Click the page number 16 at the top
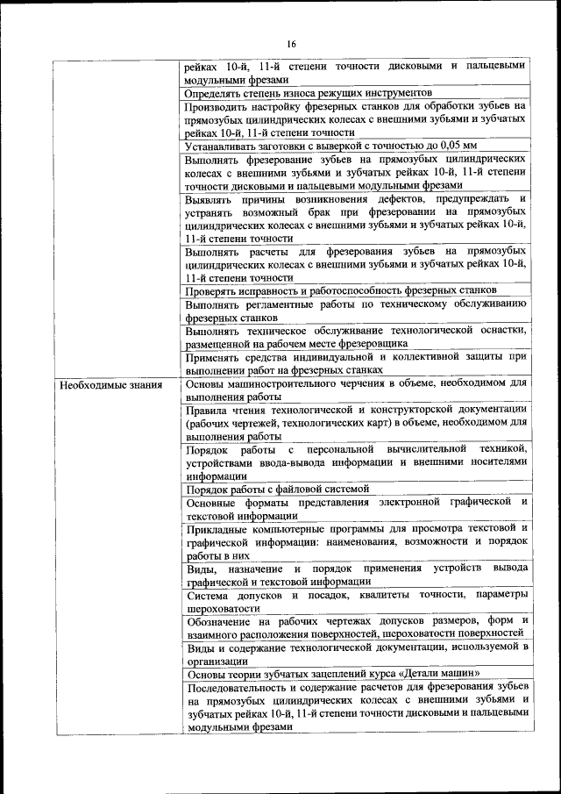291,45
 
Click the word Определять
214,92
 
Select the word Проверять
212,290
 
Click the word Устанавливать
223,146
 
